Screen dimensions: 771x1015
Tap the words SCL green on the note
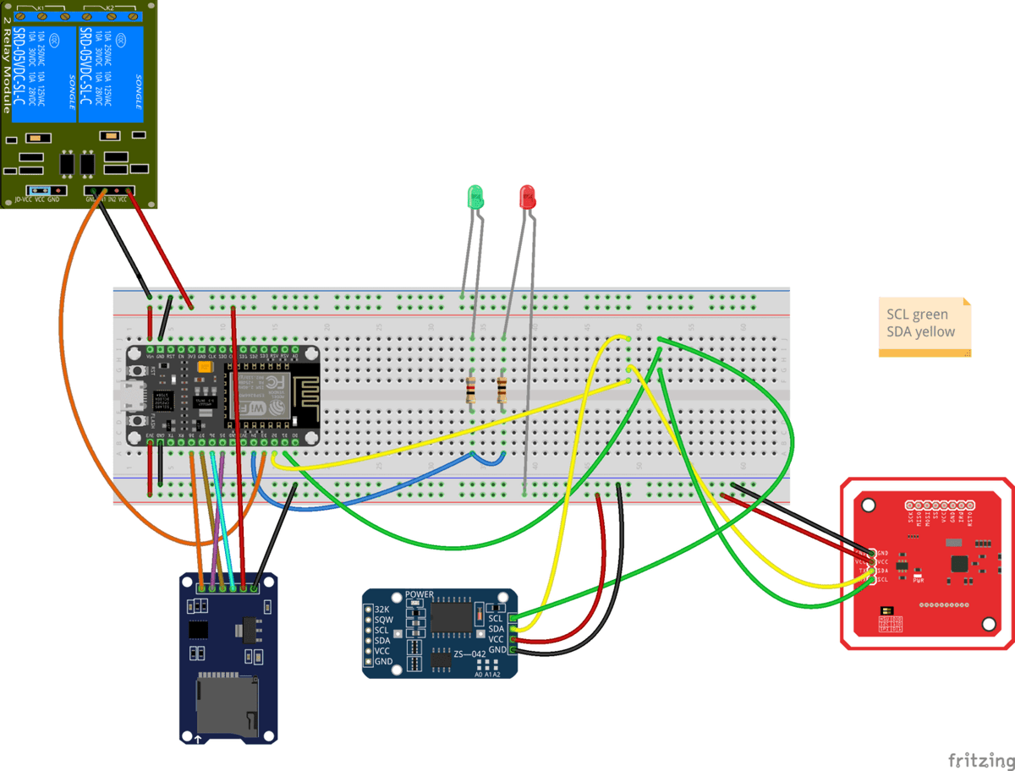point(918,314)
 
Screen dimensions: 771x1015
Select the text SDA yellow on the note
point(920,332)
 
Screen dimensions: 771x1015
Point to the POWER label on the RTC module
point(420,594)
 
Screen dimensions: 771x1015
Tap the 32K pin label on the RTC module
point(382,609)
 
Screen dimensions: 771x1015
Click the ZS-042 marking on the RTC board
point(470,654)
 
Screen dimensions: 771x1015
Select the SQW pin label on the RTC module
point(383,620)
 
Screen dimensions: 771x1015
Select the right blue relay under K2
point(111,74)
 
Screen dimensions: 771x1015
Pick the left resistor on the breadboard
point(471,391)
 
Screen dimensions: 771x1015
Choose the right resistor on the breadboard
point(502,391)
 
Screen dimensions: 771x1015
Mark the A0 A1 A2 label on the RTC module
point(487,675)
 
